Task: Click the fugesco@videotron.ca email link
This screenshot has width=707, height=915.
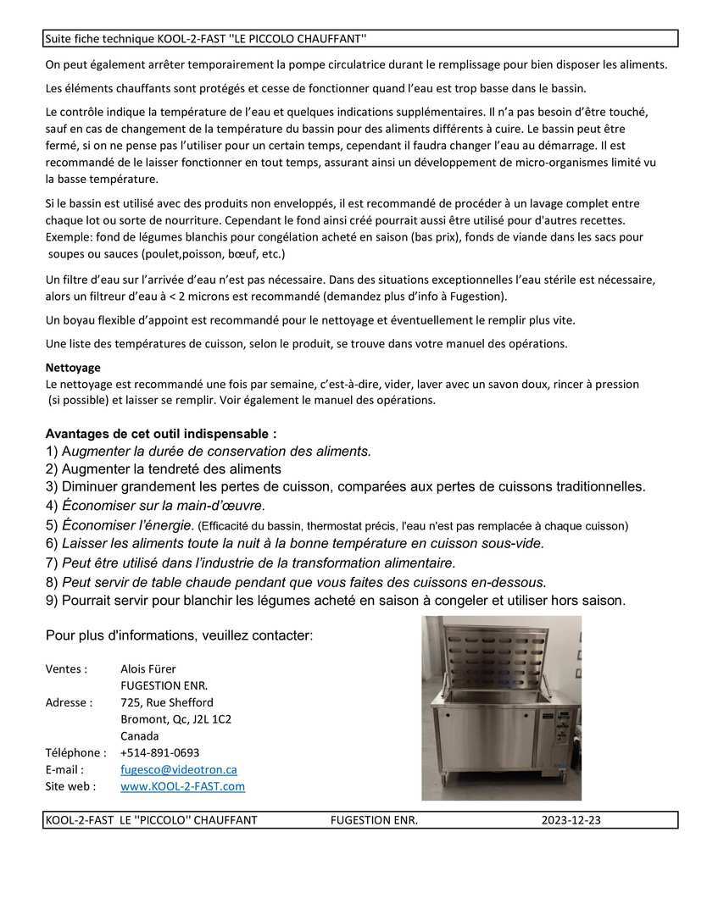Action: coord(179,769)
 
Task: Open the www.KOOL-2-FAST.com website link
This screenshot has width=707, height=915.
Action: coord(182,786)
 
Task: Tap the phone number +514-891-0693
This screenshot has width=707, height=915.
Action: coord(160,752)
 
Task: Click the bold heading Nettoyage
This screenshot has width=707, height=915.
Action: coord(73,368)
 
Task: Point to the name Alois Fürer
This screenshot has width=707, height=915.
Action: coord(148,668)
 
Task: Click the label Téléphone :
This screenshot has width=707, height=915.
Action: coord(75,752)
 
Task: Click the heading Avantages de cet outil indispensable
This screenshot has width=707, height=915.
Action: coord(160,433)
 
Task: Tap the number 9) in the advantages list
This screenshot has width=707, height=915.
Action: coord(52,601)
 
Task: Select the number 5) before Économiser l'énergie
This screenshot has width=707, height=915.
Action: coord(52,525)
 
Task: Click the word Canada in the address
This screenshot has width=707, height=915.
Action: coord(139,735)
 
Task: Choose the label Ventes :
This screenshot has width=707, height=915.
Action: coord(66,668)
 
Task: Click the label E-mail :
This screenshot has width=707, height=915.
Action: coord(64,769)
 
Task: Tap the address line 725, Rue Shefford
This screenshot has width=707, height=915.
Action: coord(167,702)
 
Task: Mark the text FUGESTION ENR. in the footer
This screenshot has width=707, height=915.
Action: coord(374,820)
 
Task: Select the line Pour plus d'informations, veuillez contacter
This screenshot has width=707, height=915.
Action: coord(179,635)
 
